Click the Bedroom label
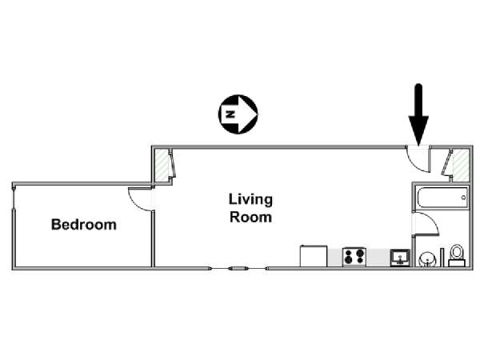click(83, 224)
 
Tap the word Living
click(250, 200)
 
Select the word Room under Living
click(250, 217)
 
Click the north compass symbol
click(238, 114)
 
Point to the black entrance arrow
click(418, 114)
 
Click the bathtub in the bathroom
click(442, 198)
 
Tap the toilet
click(457, 256)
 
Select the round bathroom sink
click(427, 259)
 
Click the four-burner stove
click(354, 257)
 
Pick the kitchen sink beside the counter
click(400, 258)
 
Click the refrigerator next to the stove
click(314, 256)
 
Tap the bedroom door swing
click(141, 199)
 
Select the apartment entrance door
click(418, 159)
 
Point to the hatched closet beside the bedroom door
click(162, 165)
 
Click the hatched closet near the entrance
click(461, 165)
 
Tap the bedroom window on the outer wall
click(14, 198)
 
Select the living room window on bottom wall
click(238, 269)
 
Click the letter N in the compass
click(230, 114)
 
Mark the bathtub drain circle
click(463, 198)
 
